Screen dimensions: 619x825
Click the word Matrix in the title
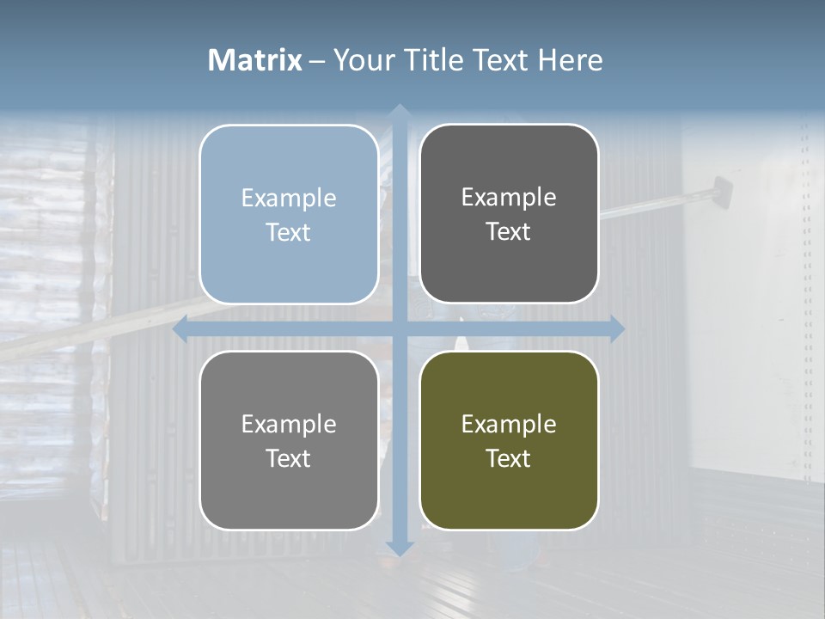255,60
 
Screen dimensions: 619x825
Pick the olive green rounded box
509,499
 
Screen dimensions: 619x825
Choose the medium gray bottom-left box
289,499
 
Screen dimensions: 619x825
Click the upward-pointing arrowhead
399,112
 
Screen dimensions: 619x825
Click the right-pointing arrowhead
616,329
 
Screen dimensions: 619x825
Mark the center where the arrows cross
399,329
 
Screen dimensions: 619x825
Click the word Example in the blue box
289,198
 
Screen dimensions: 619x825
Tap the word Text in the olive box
509,458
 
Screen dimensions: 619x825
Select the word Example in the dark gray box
509,197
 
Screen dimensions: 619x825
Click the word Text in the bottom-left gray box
289,458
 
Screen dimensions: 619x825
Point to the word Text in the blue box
289,232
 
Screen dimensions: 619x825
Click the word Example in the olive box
509,424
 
